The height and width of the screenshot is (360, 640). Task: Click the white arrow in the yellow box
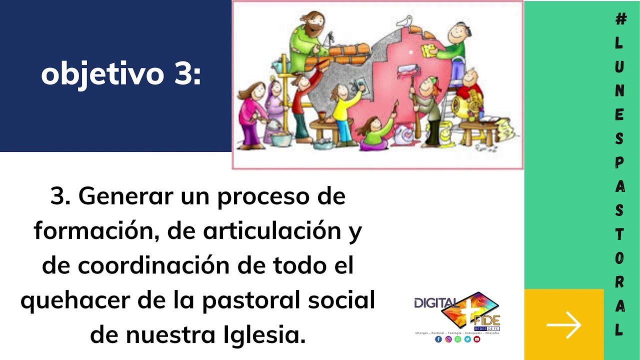tap(563, 325)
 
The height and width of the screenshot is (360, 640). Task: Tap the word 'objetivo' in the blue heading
tap(102, 74)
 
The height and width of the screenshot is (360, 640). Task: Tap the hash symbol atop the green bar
tap(620, 19)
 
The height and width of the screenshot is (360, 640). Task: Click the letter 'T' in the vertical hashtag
tap(619, 234)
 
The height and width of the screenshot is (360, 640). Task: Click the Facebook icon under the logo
tap(438, 339)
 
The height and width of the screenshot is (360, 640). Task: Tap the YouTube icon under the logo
tap(477, 339)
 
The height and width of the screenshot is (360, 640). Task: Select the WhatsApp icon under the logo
tap(457, 339)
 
